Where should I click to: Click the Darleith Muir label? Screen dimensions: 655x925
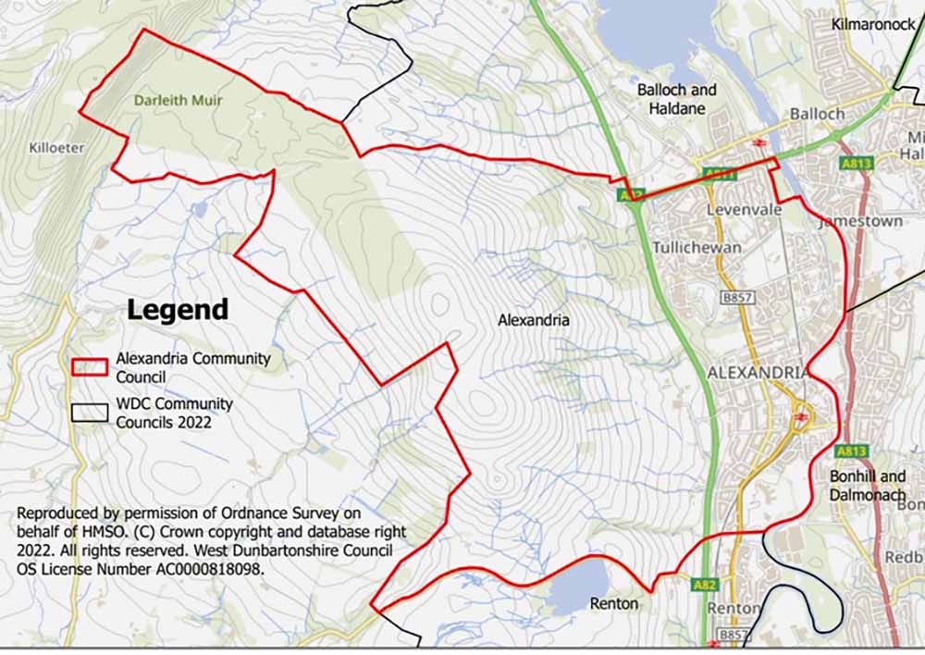pos(178,100)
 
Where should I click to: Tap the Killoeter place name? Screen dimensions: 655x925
pos(56,147)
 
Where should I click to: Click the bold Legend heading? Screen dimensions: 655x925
pos(177,309)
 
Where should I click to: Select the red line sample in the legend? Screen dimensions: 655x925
pos(91,366)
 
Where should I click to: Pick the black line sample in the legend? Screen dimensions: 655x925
pos(91,413)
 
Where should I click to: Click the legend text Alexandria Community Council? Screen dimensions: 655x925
pos(192,367)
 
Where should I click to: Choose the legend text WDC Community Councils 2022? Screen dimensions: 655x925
pos(174,414)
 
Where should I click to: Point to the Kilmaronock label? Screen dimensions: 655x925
pos(872,23)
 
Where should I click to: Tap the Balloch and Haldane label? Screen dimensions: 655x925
pos(676,99)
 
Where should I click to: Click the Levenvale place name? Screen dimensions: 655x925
pos(745,210)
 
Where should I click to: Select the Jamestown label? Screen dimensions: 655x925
pos(847,223)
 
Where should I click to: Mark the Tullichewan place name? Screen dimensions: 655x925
pos(697,248)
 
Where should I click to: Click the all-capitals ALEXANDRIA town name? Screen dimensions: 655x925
pos(757,372)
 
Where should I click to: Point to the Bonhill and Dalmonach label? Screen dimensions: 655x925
pos(867,485)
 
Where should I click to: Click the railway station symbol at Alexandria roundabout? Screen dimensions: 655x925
pos(801,417)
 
